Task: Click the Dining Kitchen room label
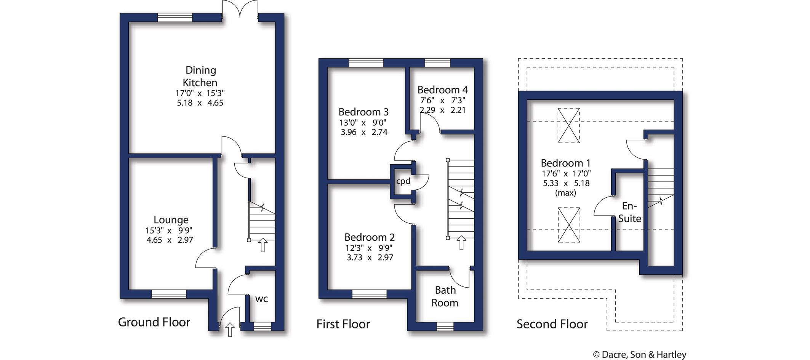pyautogui.click(x=200, y=76)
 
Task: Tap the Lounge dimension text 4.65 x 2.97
pyautogui.click(x=170, y=240)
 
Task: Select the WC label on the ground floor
pyautogui.click(x=261, y=299)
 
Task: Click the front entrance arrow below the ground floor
pyautogui.click(x=230, y=330)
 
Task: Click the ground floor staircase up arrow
pyautogui.click(x=263, y=245)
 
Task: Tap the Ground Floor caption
pyautogui.click(x=154, y=322)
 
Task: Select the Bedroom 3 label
pyautogui.click(x=363, y=112)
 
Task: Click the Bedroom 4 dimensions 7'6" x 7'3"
pyautogui.click(x=443, y=101)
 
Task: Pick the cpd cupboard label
pyautogui.click(x=403, y=181)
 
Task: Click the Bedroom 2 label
pyautogui.click(x=369, y=237)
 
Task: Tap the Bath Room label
pyautogui.click(x=445, y=296)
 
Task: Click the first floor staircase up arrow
pyautogui.click(x=461, y=243)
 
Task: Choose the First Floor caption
pyautogui.click(x=343, y=324)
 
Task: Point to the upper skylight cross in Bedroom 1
pyautogui.click(x=568, y=125)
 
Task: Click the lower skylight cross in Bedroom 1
pyautogui.click(x=569, y=225)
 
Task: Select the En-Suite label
pyautogui.click(x=629, y=212)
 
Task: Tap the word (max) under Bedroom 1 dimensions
pyautogui.click(x=565, y=193)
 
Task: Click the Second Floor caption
pyautogui.click(x=552, y=324)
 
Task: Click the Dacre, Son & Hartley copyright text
pyautogui.click(x=640, y=355)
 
